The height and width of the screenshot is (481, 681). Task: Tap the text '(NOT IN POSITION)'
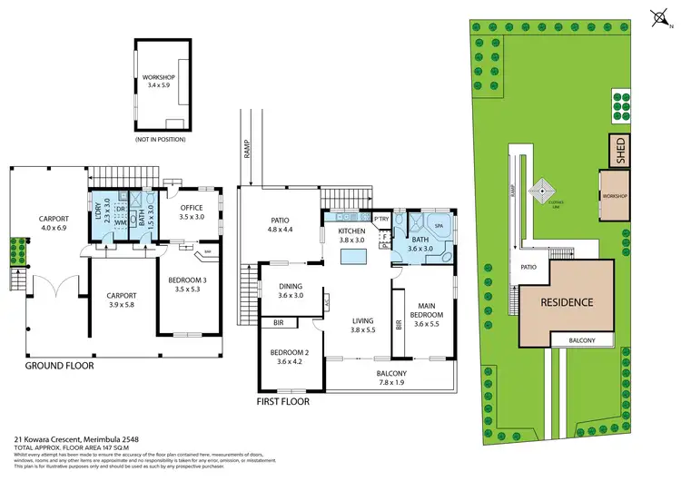[x=160, y=139]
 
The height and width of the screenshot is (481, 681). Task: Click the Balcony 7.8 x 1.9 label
[x=392, y=378]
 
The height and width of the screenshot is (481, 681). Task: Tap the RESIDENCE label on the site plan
[x=568, y=302]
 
